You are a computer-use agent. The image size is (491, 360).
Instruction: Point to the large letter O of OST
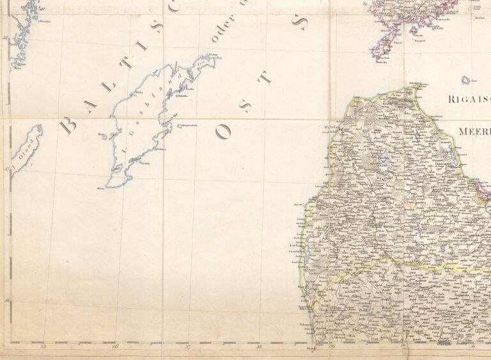point(224,132)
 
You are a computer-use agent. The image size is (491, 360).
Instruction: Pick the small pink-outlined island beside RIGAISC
point(465,80)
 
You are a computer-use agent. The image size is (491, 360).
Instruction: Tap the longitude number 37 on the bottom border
point(187,347)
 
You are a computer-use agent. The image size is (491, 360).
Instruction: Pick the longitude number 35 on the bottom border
point(43,347)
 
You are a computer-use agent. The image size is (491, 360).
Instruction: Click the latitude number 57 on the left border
point(6,169)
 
